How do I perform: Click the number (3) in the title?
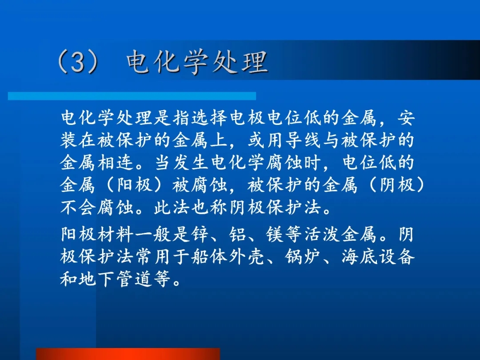[78, 62]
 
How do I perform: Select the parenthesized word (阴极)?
[397, 185]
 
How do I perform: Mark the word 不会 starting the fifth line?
[78, 208]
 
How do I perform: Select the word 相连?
[116, 163]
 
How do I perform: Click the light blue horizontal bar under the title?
[132, 96]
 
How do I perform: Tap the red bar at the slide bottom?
[128, 354]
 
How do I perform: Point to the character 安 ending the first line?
[406, 117]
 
